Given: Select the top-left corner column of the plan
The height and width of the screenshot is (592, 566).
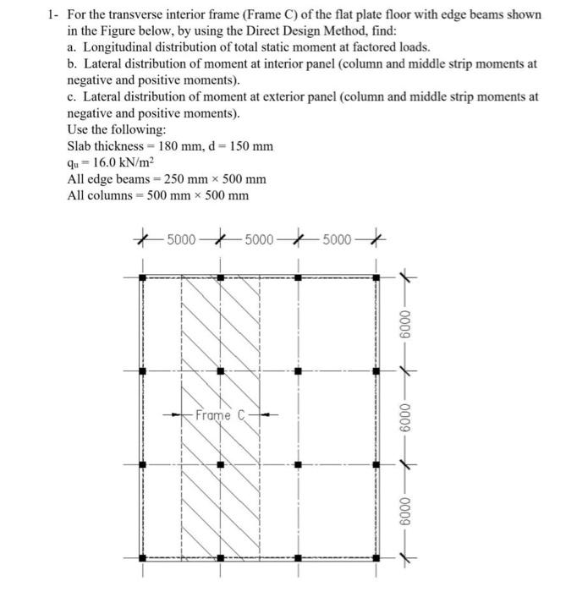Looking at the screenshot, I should [142, 276].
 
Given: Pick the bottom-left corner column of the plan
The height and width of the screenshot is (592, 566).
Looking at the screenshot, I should [142, 557].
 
